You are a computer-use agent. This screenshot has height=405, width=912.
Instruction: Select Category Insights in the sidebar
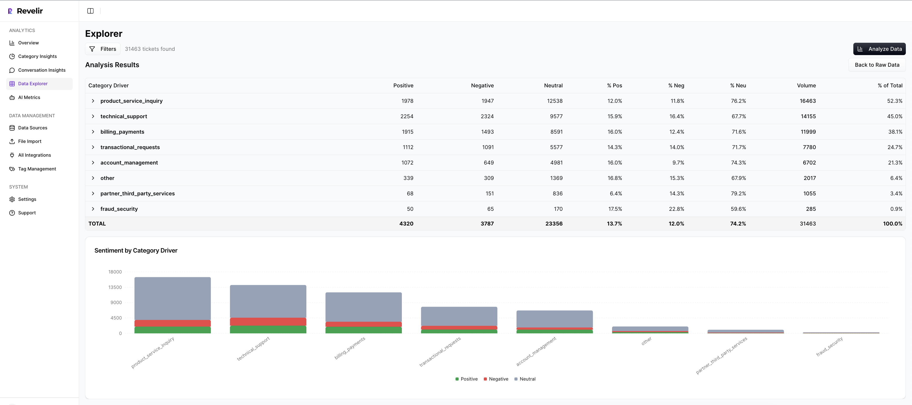37,56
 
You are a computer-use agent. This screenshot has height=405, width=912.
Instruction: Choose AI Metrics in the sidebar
29,97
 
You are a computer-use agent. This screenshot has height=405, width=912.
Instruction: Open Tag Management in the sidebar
37,169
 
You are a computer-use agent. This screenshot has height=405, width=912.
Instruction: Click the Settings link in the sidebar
27,199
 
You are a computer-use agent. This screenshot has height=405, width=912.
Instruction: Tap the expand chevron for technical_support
93,117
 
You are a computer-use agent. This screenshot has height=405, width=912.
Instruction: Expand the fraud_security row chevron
93,209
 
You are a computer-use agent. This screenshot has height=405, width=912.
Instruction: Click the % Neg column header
676,85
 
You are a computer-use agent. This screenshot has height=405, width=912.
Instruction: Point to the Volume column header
806,85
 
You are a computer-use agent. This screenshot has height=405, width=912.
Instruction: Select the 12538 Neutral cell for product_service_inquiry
554,101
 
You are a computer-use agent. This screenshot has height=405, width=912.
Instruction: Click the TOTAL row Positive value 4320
406,224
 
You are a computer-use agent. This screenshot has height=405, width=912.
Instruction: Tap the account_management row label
129,162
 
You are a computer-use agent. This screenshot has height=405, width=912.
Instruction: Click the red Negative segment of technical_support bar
268,321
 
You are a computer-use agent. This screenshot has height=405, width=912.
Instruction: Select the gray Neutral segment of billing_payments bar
363,306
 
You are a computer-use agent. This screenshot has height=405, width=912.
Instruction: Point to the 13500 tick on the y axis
115,287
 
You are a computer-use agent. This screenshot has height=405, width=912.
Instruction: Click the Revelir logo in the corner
25,11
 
